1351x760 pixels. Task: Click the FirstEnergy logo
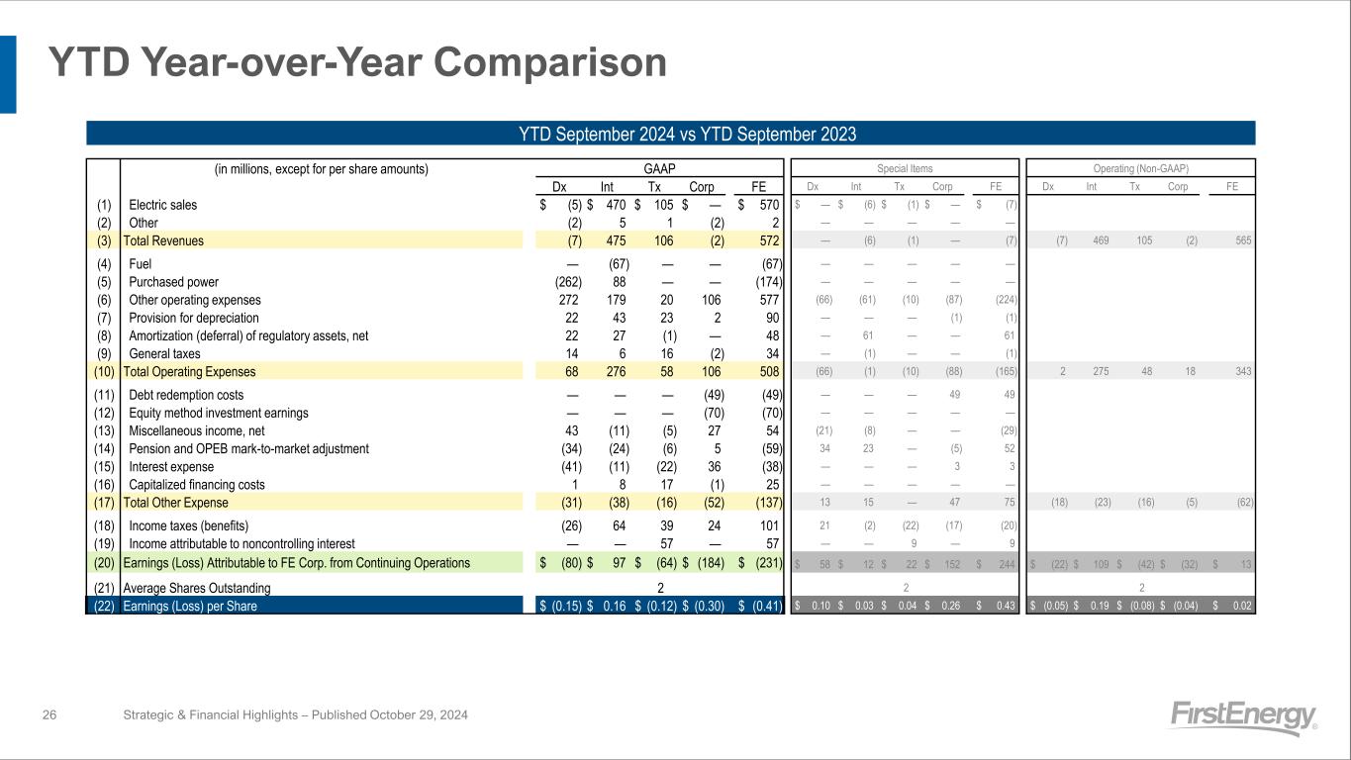[1244, 717]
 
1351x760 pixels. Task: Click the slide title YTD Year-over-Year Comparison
[358, 63]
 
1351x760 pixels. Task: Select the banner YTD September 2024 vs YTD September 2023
[670, 134]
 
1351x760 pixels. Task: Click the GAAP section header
[660, 168]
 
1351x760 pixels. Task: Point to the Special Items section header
[905, 169]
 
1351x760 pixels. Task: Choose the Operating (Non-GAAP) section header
[1140, 169]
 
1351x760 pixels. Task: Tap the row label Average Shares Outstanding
[196, 588]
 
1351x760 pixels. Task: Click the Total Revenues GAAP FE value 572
[766, 240]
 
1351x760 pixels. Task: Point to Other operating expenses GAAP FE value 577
[766, 300]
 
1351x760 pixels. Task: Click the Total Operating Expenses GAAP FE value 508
[766, 372]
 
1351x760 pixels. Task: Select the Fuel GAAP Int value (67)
[619, 263]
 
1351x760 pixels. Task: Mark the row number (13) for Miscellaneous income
[103, 431]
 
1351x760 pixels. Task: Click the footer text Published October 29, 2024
[369, 714]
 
